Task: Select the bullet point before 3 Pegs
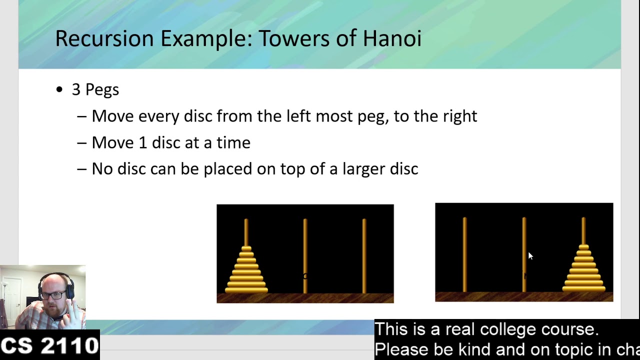(x=60, y=90)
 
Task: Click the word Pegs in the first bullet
(x=102, y=90)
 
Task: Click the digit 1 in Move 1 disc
(x=142, y=142)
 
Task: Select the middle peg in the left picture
(x=305, y=255)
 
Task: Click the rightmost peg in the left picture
(x=364, y=255)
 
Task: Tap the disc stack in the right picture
(x=583, y=273)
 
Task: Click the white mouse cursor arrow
(x=530, y=256)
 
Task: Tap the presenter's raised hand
(x=72, y=312)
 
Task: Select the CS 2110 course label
(x=49, y=345)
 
